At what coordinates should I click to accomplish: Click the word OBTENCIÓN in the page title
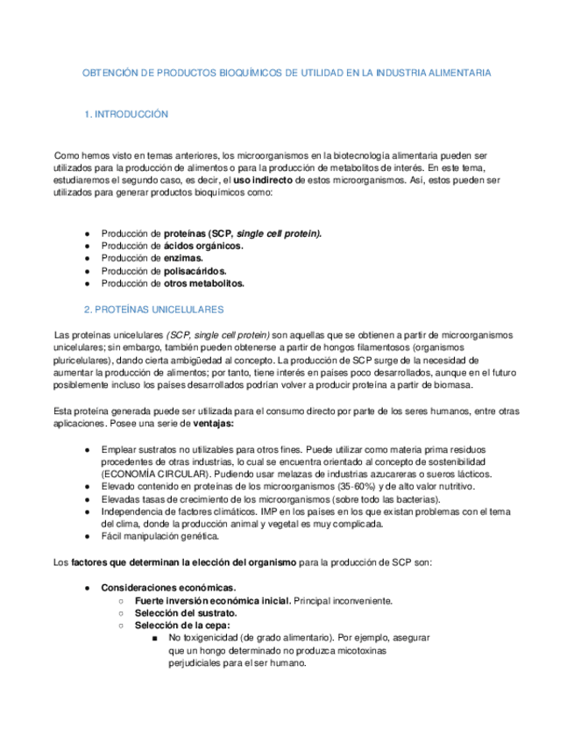[x=109, y=72]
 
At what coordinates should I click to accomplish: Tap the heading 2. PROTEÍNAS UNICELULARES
[x=153, y=310]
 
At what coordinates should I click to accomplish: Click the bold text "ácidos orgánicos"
[x=203, y=247]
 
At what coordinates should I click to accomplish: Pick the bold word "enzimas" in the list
[x=184, y=259]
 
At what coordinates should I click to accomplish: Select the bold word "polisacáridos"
[x=195, y=271]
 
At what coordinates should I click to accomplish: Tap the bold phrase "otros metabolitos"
[x=204, y=283]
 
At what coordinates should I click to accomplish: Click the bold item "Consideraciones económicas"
[x=168, y=587]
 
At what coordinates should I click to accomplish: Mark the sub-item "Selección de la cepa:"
[x=182, y=626]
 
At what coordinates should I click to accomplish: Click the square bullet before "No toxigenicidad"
[x=154, y=638]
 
